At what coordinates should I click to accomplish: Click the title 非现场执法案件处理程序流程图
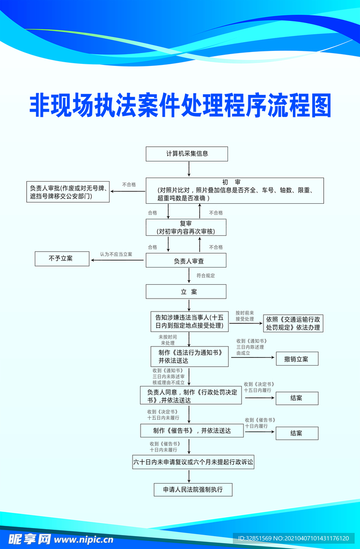coord(180,105)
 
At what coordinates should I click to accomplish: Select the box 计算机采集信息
coord(187,154)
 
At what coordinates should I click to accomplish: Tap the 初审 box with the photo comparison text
coord(234,190)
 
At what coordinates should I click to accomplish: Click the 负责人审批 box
coord(68,192)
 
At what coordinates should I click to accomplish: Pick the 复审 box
coord(186,227)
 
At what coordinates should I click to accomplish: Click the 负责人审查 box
coord(186,261)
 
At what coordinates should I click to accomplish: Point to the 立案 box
coord(186,292)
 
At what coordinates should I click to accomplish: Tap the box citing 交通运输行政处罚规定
coord(293,323)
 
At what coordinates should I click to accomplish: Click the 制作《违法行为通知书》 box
coord(189,357)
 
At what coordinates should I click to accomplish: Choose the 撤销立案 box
coord(296,359)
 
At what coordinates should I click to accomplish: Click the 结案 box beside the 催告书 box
coord(296,433)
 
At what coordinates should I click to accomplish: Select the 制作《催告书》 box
coord(192,431)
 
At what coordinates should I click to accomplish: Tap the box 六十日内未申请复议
coord(193,462)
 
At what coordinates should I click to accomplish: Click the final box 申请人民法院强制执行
coord(193,489)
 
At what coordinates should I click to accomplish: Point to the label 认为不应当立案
coord(116,254)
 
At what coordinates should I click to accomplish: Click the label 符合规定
coord(205,276)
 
